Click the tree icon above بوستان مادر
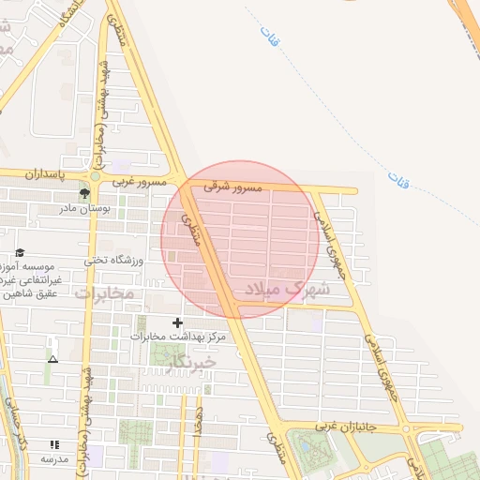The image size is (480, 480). click(x=85, y=193)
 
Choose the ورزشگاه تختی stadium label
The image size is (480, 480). click(x=112, y=261)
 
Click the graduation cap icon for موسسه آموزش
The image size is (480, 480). click(x=20, y=252)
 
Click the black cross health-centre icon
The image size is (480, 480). click(x=178, y=322)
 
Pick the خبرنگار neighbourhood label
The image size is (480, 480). click(x=188, y=361)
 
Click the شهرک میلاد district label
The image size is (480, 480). click(x=287, y=290)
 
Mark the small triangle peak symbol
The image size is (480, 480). click(x=52, y=358)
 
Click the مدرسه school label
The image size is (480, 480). click(x=53, y=459)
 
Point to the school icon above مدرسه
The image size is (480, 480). click(x=53, y=444)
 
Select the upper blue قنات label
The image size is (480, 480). click(x=273, y=41)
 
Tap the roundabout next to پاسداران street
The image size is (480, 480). click(x=94, y=175)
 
